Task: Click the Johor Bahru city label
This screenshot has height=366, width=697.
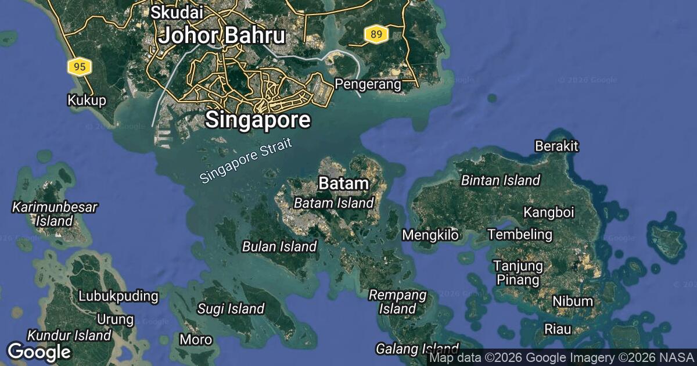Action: point(222,36)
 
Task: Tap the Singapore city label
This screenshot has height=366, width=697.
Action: point(258,120)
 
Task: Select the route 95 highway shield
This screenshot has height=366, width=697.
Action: point(80,67)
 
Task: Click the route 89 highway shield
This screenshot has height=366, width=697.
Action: point(376,35)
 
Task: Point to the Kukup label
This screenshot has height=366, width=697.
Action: point(87,101)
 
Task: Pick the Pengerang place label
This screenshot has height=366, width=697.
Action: point(368,85)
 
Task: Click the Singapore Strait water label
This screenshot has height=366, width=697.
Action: point(245,162)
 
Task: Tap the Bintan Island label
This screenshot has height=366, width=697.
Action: point(501,181)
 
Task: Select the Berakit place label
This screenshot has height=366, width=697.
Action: point(557,146)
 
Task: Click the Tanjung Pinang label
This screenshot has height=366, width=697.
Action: point(518,273)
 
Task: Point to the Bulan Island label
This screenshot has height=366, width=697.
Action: point(279,246)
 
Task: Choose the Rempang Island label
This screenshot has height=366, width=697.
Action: point(398,302)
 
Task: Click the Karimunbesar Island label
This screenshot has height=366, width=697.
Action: point(55,214)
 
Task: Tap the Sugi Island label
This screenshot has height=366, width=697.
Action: point(231,308)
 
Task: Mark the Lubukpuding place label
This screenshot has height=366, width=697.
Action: point(118,296)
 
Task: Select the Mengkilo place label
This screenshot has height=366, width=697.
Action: point(431,235)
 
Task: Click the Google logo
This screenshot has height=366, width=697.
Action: point(39,351)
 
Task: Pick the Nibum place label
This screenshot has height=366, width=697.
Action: point(573,302)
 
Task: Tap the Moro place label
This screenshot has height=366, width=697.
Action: point(192,339)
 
